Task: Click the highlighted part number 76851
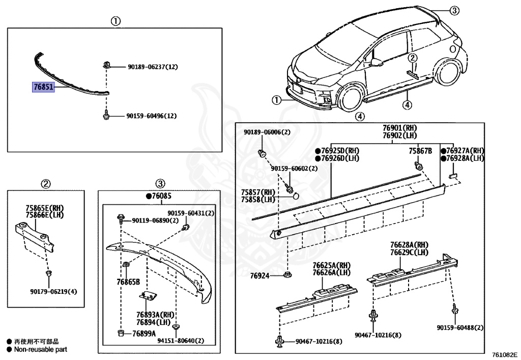coord(44,88)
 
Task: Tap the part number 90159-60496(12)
coord(151,116)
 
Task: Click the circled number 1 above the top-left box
coord(115,21)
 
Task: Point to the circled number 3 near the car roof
coord(454,10)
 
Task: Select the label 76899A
coord(143,334)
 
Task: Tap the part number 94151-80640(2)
coord(173,341)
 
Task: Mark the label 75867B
coord(420,151)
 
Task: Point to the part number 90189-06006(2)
coord(267,132)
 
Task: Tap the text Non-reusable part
coord(40,350)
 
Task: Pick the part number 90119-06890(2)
coord(155,220)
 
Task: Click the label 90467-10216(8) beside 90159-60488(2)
coord(378,336)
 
